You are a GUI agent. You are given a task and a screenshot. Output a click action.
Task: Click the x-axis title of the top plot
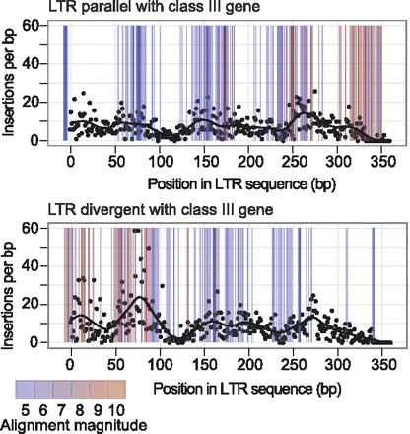tap(218, 183)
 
